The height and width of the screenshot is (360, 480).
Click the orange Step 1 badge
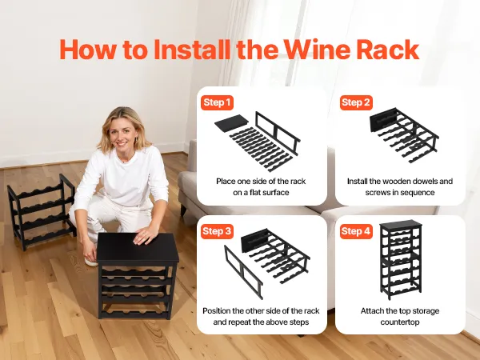tap(217, 102)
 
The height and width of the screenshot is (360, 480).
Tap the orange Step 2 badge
tap(356, 102)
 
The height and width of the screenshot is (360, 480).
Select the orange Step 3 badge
tap(217, 231)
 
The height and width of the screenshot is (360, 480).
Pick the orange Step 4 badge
tap(356, 231)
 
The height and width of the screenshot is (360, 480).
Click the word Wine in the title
tap(317, 50)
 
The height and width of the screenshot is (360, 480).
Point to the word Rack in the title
tap(388, 50)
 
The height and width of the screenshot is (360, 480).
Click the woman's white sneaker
tap(91, 262)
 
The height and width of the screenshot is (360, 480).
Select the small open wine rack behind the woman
tap(42, 211)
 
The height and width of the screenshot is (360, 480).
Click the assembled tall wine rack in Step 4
tap(401, 259)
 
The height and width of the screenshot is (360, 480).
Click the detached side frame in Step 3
tap(244, 272)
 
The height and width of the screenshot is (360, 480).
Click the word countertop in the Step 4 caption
tap(400, 322)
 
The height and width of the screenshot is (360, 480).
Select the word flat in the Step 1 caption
tap(256, 193)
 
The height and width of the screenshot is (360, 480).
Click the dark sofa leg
tap(183, 210)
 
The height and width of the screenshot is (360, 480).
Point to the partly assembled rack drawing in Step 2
tap(404, 134)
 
